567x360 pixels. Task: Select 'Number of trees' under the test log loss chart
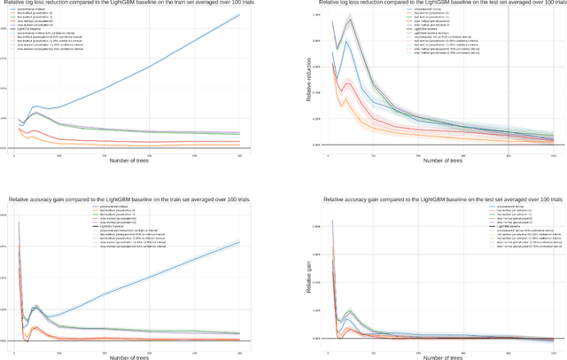point(440,160)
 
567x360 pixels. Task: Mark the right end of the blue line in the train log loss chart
point(239,15)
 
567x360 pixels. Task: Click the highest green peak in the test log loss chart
point(350,19)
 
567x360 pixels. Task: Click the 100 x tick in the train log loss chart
point(58,154)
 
